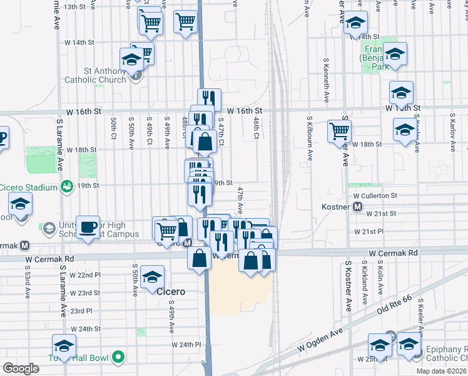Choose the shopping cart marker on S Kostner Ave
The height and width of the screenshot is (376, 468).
339,131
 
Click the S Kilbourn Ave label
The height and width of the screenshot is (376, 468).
309,132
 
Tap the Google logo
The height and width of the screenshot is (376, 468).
21,368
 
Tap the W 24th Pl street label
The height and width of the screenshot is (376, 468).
186,344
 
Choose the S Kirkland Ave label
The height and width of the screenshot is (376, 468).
364,286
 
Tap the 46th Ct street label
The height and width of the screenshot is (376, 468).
257,129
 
